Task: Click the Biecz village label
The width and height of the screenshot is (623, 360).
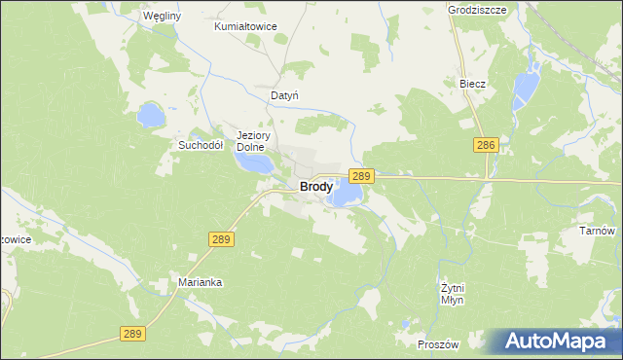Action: [472, 84]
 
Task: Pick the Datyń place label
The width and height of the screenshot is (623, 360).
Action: [283, 96]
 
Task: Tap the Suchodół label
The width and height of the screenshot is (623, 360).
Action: [201, 145]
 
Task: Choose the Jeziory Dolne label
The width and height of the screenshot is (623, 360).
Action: [251, 141]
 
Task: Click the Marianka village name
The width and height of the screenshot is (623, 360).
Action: [202, 282]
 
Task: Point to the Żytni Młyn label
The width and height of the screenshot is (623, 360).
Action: [451, 294]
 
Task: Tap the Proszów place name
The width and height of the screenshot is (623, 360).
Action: [437, 345]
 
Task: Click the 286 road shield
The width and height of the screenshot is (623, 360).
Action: [488, 145]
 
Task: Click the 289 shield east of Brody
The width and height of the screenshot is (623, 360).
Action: [361, 175]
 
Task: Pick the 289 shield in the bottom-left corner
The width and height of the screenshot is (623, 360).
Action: [133, 333]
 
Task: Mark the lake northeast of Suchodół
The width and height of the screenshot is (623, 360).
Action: [151, 115]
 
